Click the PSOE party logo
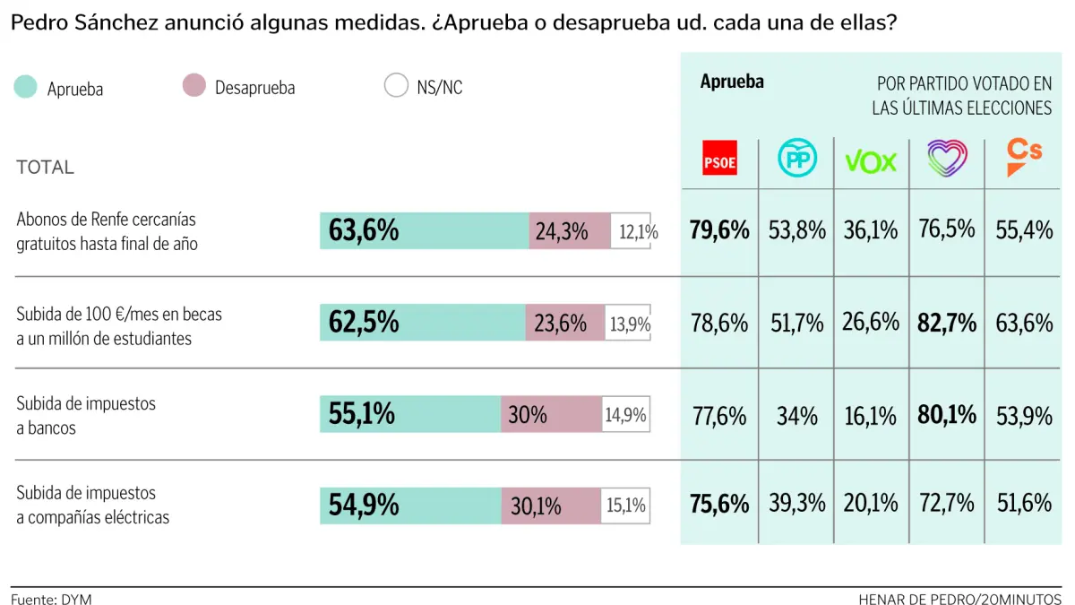[x=719, y=159]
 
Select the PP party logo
[x=795, y=159]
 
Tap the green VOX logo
[x=871, y=161]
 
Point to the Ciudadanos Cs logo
[x=1024, y=158]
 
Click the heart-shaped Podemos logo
[x=947, y=159]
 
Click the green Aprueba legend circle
[x=26, y=87]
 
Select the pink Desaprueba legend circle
[x=193, y=87]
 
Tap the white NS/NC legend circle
[x=396, y=87]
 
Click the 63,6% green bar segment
[x=424, y=231]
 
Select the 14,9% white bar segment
[x=625, y=415]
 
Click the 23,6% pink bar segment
[x=565, y=323]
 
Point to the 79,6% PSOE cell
[x=719, y=230]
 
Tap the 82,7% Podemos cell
[x=947, y=323]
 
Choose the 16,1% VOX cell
[x=871, y=415]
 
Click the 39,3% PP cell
[x=796, y=504]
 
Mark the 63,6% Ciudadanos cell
[x=1024, y=323]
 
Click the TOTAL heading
[x=45, y=168]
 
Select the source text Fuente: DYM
[x=51, y=599]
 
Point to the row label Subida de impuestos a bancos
[x=86, y=416]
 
